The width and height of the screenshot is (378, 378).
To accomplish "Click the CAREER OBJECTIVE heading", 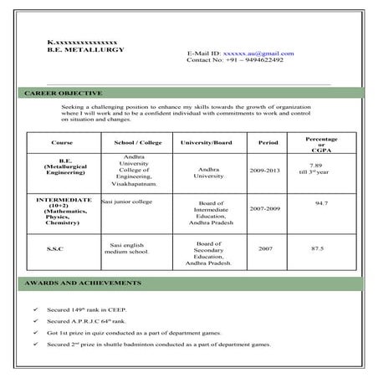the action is point(63,93).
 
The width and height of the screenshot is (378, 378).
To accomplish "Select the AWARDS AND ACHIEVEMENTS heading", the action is point(76,283).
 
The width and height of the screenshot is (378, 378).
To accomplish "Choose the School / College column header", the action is point(138,143).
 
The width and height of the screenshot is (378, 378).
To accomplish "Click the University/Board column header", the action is point(206,143).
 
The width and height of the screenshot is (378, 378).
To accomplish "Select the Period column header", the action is point(268,143).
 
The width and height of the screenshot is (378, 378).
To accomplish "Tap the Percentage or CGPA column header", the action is point(321,143).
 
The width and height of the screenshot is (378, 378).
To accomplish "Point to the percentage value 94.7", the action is point(321,203).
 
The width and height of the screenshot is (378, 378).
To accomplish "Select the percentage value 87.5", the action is point(317,249).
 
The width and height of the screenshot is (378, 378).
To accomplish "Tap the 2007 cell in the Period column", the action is point(265,249).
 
